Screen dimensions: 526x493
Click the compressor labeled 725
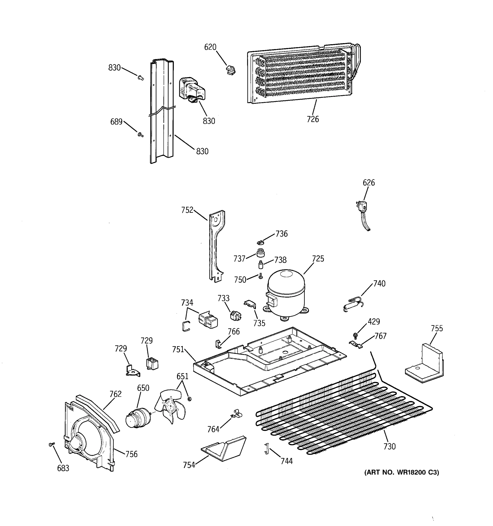pos(286,294)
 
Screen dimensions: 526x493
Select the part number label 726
pos(313,119)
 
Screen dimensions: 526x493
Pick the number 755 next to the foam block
pos(436,328)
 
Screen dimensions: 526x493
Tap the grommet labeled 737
pos(261,253)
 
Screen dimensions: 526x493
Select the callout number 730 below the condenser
pos(389,446)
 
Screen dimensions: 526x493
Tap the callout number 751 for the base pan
pos(178,350)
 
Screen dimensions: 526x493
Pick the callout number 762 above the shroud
pos(115,394)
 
